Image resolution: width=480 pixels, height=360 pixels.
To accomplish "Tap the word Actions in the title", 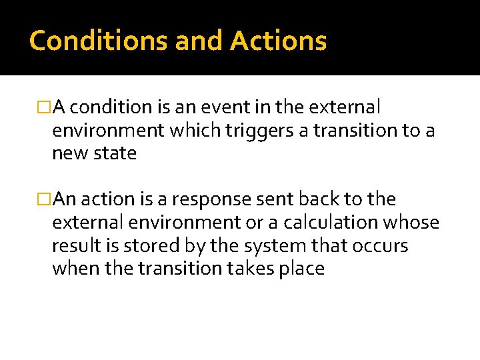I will tap(279, 41).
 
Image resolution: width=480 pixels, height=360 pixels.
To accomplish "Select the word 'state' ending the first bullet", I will tap(115, 153).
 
